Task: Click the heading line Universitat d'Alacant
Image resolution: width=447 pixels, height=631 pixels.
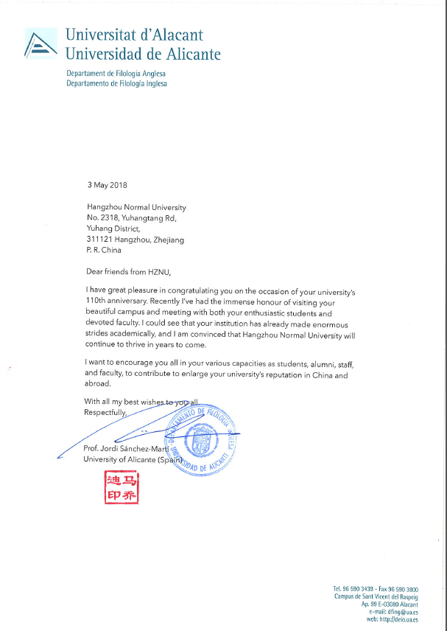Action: [134, 35]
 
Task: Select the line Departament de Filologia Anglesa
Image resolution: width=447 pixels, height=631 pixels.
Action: [116, 74]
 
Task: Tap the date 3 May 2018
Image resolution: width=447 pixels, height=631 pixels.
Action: [107, 185]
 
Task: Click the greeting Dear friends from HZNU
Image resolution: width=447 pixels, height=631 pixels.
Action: [133, 272]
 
